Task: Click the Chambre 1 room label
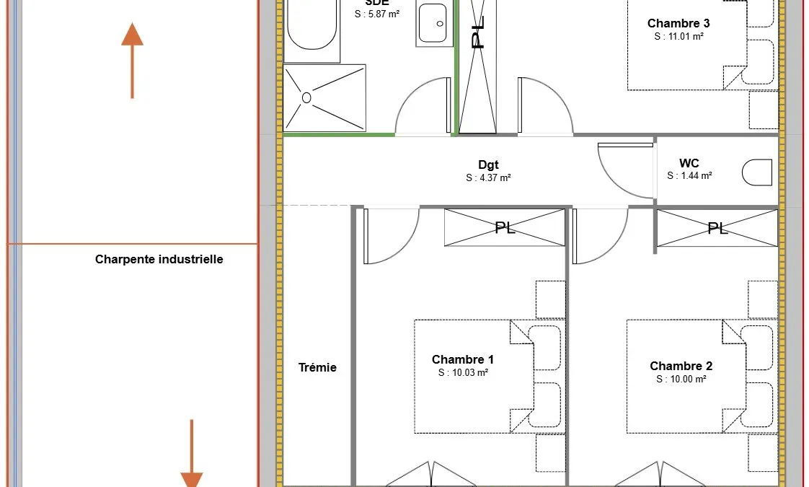tap(462, 359)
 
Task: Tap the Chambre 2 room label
tap(681, 367)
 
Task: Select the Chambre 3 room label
tap(678, 23)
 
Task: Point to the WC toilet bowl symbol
tap(757, 172)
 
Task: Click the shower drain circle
tap(306, 97)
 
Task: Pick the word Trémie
tap(317, 368)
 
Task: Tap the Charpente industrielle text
tap(159, 259)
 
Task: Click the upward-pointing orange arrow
tap(132, 60)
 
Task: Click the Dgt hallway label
tap(488, 164)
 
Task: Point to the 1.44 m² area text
tap(689, 175)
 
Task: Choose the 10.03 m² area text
tap(464, 372)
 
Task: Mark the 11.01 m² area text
tap(679, 36)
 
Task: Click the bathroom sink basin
tap(433, 23)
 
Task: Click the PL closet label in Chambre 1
tap(505, 227)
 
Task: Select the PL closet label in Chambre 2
tap(717, 228)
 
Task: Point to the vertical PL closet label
tap(478, 32)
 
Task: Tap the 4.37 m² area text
tap(488, 177)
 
